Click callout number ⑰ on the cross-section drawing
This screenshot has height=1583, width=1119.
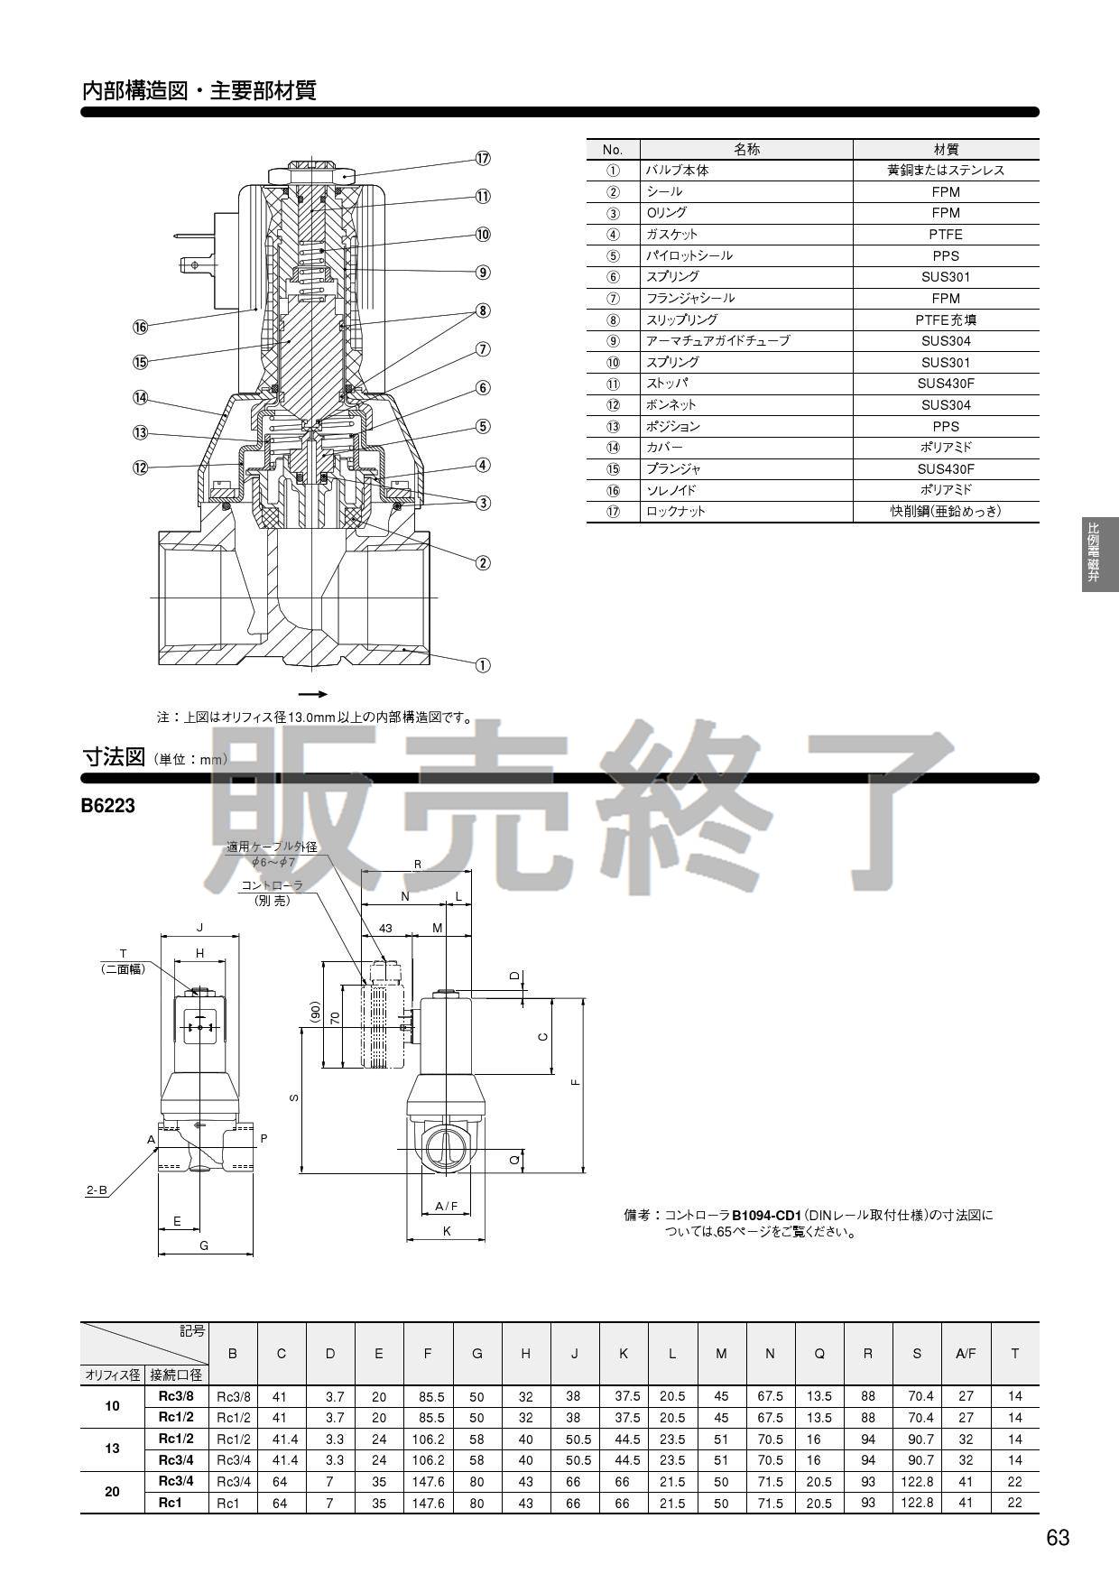point(483,158)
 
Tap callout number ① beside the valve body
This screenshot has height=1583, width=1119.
point(483,665)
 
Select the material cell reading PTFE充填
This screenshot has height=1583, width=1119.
point(945,319)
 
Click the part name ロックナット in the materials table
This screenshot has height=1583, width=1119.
point(676,512)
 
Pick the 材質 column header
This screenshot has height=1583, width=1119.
point(945,149)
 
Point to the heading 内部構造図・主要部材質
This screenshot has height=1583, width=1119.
point(199,91)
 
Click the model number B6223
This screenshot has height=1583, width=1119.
point(108,806)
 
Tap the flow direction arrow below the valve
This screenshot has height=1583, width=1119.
point(312,694)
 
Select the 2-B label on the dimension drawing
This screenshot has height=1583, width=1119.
point(97,1190)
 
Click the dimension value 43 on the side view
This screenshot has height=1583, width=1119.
point(385,929)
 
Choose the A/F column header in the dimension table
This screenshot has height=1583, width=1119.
point(966,1353)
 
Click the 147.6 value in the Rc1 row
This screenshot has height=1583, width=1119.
point(428,1503)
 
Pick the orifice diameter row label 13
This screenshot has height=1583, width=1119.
point(112,1449)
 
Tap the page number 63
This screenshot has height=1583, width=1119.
point(1058,1538)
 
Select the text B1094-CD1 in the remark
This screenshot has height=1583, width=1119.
point(765,1215)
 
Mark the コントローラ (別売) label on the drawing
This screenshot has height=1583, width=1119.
point(272,893)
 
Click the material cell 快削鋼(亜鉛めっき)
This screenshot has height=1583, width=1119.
point(945,512)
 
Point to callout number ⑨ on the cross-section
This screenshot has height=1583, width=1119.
point(483,272)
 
